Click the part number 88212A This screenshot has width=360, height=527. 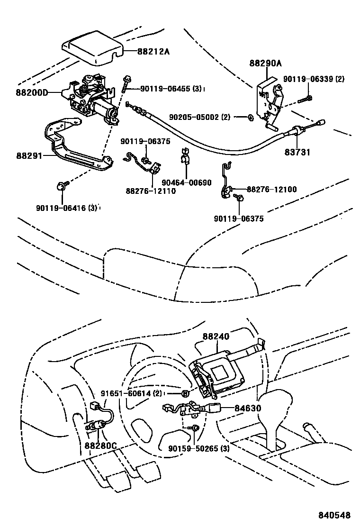153,52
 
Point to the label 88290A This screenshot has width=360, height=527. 265,63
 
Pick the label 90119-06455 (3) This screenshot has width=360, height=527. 171,89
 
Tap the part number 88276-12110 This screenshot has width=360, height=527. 151,191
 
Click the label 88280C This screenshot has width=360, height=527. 100,445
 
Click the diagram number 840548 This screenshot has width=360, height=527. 334,515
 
